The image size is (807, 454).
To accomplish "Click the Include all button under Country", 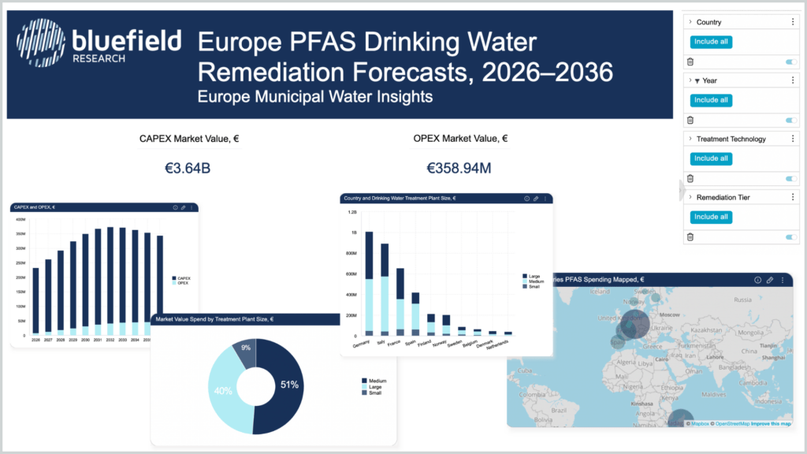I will click(712, 42).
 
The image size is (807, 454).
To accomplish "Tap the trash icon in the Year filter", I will click(690, 120).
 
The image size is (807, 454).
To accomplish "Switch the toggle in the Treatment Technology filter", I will click(791, 179).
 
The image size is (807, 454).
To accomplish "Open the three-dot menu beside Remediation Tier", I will click(793, 197).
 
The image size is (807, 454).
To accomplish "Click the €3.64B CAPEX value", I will click(188, 168).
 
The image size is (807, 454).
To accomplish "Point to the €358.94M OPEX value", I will click(458, 168).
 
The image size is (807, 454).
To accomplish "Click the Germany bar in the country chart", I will click(369, 284).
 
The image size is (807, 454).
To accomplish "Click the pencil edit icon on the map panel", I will click(770, 280).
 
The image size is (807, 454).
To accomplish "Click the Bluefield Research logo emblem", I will click(41, 43).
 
